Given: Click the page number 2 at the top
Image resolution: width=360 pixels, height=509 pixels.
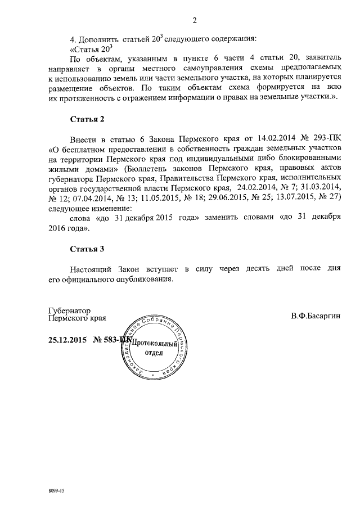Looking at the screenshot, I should [194, 21].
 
